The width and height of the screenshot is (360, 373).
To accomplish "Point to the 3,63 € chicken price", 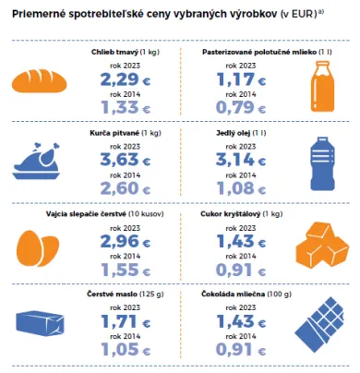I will pos(125,160).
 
